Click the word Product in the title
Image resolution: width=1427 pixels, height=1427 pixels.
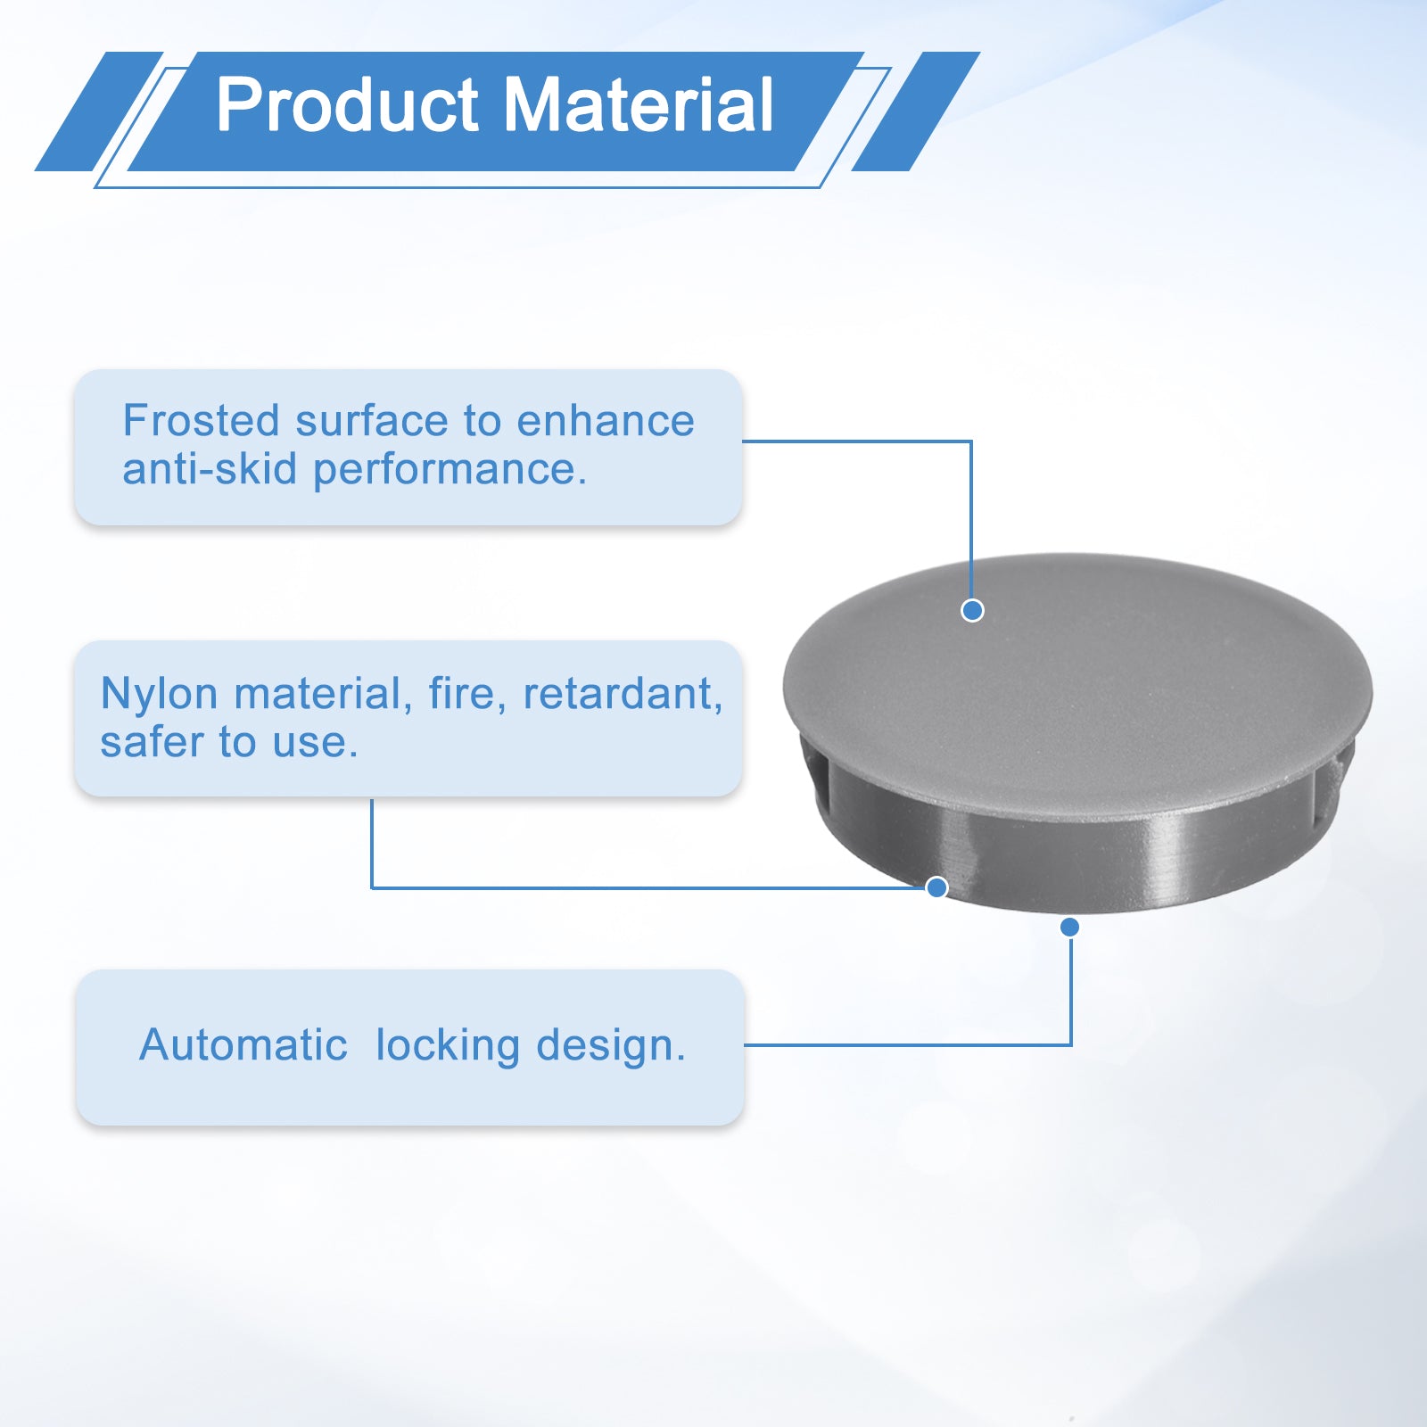click(348, 105)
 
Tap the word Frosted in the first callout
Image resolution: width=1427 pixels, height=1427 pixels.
click(202, 421)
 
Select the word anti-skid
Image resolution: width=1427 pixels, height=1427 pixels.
click(210, 469)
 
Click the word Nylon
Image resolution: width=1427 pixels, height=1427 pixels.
click(160, 696)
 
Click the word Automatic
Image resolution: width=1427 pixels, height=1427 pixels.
click(243, 1044)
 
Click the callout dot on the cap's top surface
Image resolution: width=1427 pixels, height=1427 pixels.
click(972, 610)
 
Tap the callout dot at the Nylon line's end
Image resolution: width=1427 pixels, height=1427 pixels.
click(936, 887)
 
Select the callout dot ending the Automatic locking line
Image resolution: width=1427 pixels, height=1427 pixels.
click(1070, 928)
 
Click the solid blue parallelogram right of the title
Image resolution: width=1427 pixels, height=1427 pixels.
click(916, 111)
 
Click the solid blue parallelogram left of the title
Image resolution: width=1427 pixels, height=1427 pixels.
click(99, 111)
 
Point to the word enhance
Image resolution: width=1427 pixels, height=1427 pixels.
click(606, 421)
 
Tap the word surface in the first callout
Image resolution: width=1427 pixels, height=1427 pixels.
click(373, 421)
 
